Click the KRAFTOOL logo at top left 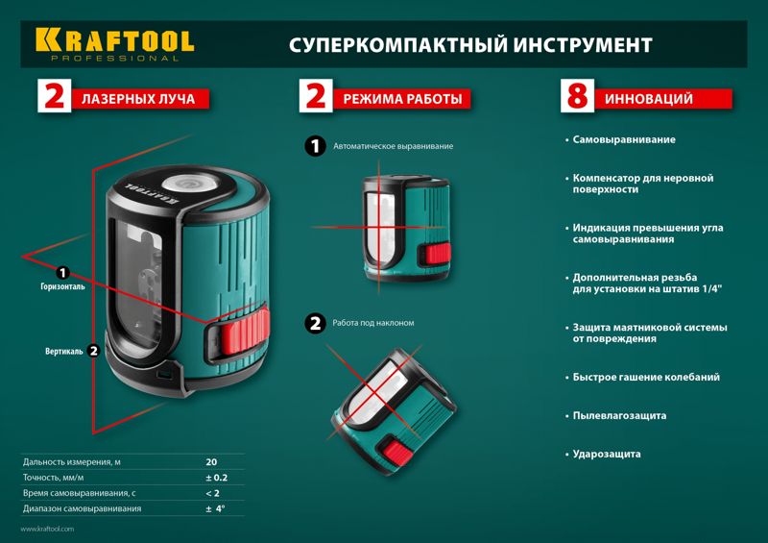click(x=114, y=44)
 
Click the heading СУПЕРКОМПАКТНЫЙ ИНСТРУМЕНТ click(x=470, y=45)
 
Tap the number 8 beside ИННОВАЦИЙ click(x=578, y=96)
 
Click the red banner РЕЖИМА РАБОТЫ click(x=402, y=99)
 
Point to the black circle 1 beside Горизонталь click(x=62, y=272)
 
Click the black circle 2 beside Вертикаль click(x=93, y=351)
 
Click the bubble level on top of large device click(x=186, y=184)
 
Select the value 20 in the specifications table click(x=211, y=462)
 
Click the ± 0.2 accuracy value click(x=217, y=478)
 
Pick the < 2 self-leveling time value click(x=212, y=493)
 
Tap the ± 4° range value click(x=215, y=508)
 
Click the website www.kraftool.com click(x=47, y=529)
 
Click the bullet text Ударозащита click(x=607, y=455)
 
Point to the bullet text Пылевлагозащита click(x=619, y=416)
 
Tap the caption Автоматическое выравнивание click(x=394, y=146)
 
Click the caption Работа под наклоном click(x=373, y=323)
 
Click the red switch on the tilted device click(x=396, y=453)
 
